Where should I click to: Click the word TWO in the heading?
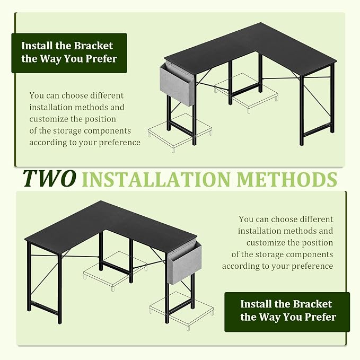click(50, 178)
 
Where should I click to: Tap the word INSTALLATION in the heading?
click(156, 179)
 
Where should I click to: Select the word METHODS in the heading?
click(287, 179)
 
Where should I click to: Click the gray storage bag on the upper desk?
click(177, 85)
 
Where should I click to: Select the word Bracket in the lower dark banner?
click(312, 304)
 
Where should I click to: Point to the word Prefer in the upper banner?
click(101, 59)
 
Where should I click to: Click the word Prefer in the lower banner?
click(321, 317)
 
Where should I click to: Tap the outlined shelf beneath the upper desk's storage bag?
click(180, 132)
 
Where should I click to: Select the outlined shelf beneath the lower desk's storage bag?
click(181, 310)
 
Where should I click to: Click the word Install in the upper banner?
click(37, 46)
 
